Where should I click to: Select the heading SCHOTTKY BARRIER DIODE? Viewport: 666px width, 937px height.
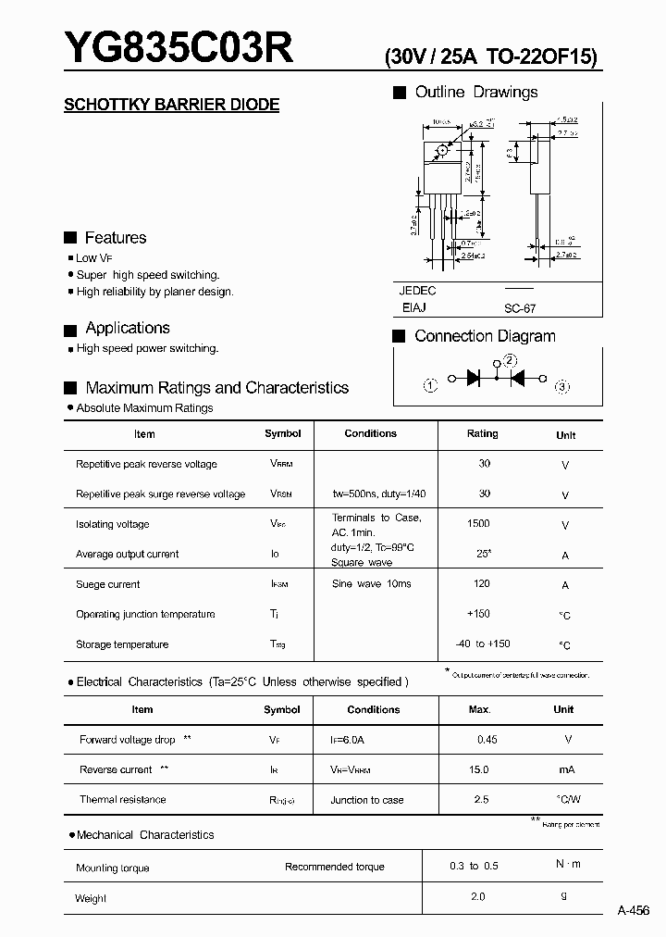click(x=171, y=105)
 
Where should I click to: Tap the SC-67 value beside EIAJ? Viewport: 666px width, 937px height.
click(x=520, y=310)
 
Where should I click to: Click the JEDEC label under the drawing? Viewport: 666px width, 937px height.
click(x=417, y=291)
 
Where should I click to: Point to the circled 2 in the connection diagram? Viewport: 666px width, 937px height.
click(x=510, y=362)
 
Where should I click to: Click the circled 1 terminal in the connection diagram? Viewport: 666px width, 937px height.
click(x=430, y=386)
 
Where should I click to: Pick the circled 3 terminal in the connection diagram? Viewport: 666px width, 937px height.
click(x=561, y=387)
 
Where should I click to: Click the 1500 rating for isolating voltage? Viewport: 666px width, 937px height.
click(x=478, y=524)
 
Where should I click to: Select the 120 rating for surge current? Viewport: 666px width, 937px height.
click(x=481, y=584)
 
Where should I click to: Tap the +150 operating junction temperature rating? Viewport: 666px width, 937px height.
click(x=479, y=614)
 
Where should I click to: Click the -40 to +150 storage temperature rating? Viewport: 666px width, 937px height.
click(x=482, y=643)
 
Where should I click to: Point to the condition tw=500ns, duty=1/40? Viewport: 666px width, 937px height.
click(x=378, y=494)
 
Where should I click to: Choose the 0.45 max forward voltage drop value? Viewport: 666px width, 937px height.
click(x=486, y=740)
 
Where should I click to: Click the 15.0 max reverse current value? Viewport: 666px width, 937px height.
click(x=478, y=770)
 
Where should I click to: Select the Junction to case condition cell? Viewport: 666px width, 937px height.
click(x=367, y=800)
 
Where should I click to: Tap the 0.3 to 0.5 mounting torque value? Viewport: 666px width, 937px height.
click(x=474, y=866)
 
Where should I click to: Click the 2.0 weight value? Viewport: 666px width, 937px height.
click(x=477, y=896)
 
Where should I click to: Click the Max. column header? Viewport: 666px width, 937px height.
click(x=479, y=709)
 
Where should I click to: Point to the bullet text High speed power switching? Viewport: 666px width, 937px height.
click(x=147, y=349)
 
